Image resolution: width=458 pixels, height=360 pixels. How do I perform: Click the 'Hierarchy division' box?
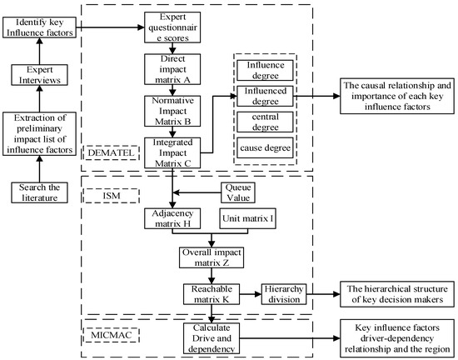click(x=287, y=293)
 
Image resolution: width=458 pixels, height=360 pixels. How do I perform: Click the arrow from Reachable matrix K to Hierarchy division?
click(x=251, y=292)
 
